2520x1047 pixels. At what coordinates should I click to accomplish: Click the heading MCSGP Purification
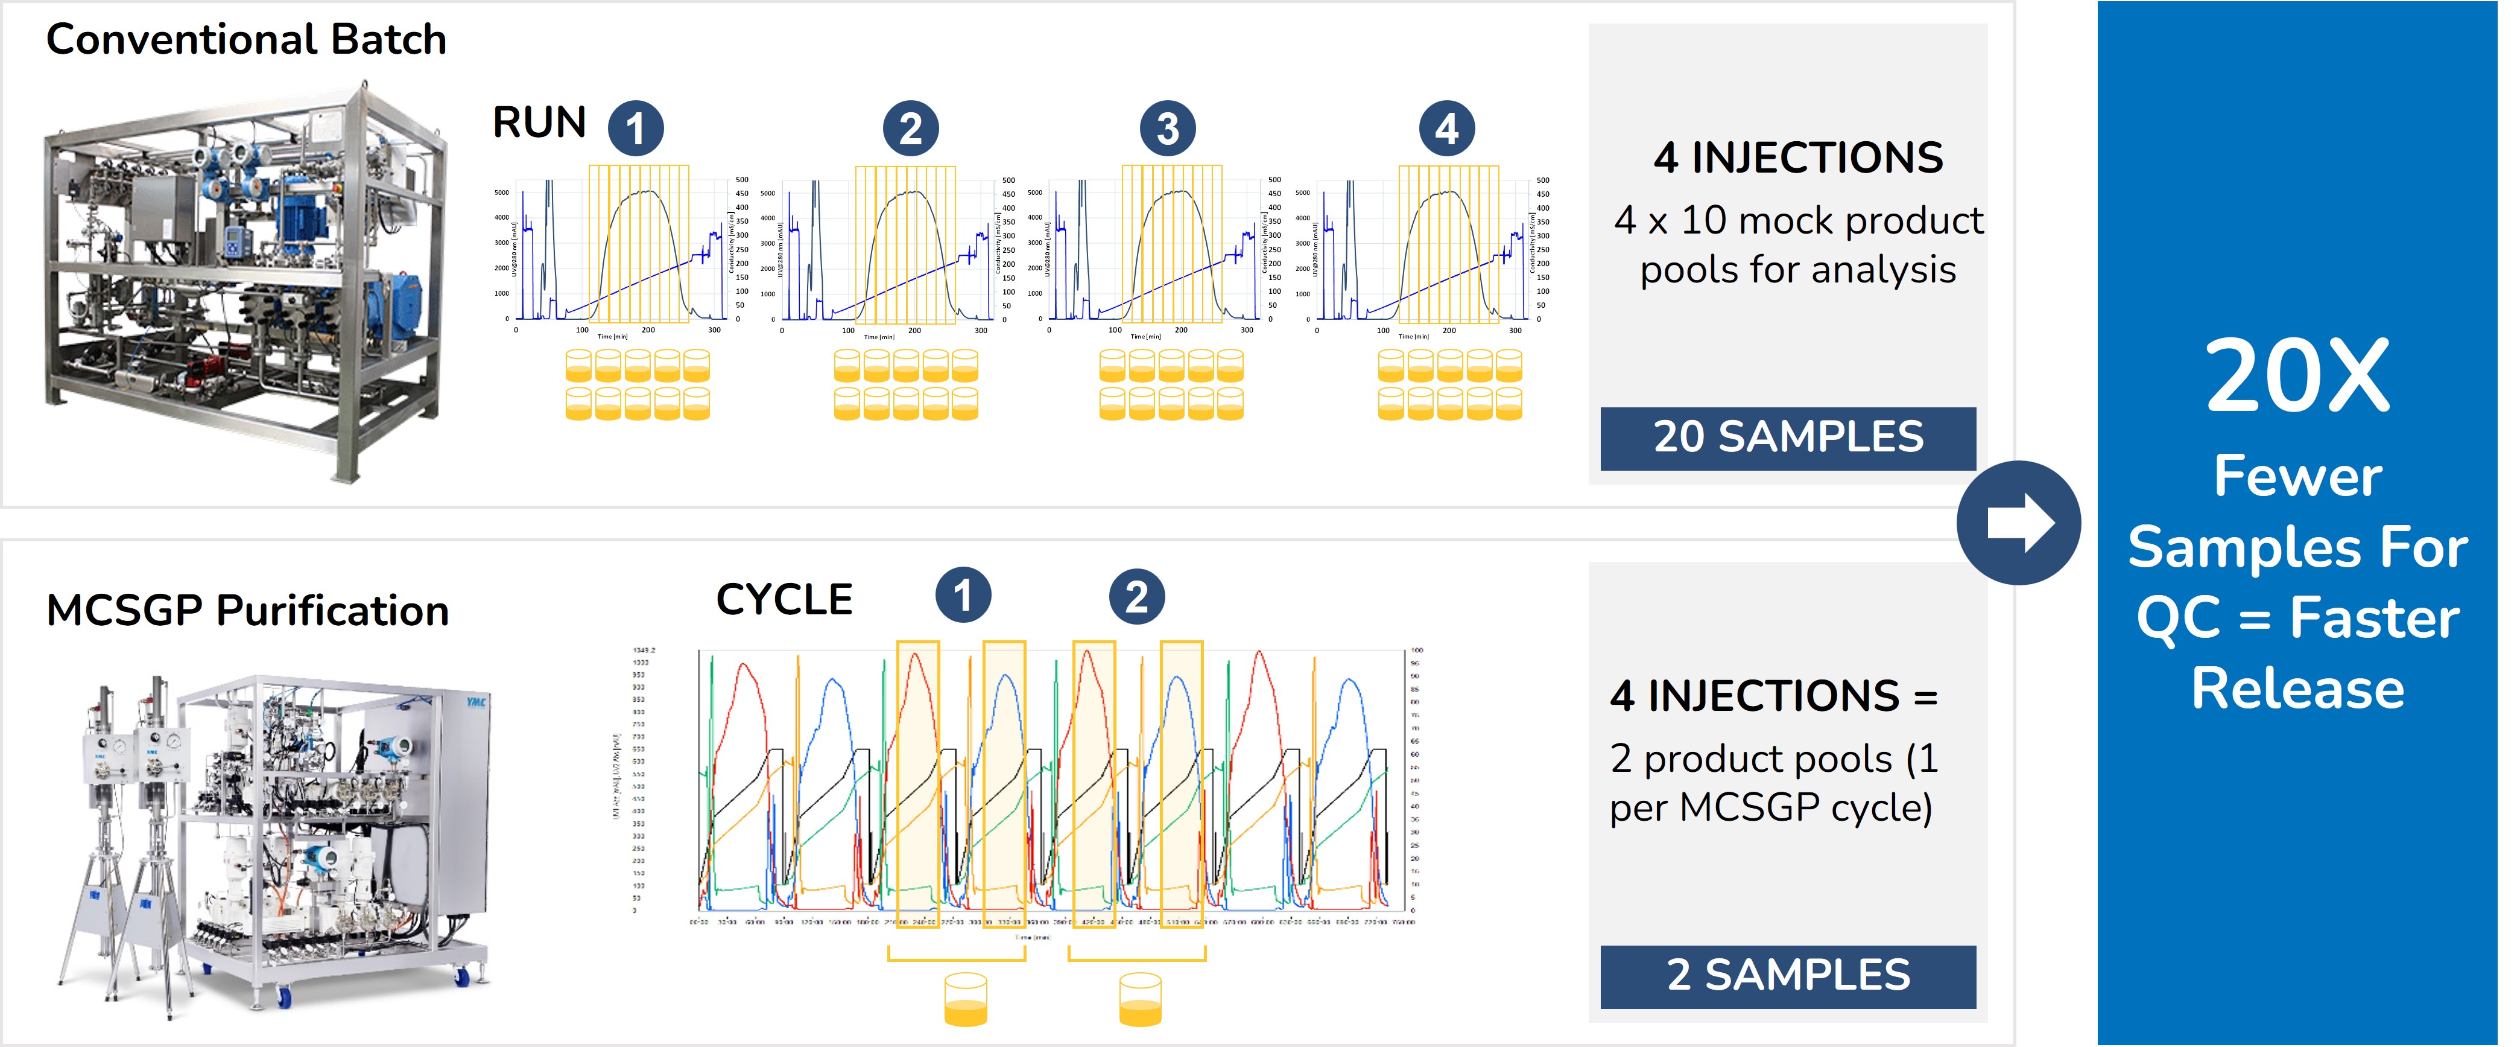247,611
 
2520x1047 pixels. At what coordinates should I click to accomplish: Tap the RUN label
539,123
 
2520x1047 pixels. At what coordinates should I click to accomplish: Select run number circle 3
1167,128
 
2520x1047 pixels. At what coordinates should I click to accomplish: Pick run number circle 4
1447,128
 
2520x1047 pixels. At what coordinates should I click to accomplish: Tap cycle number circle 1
963,596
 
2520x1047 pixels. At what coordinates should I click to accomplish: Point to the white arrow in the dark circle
2019,523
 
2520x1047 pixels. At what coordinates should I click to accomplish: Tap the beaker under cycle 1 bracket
966,1000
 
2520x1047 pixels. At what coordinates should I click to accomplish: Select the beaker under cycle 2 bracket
1140,1000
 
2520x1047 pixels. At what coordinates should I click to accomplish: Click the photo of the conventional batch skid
244,284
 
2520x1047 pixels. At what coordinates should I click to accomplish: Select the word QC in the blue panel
2179,619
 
